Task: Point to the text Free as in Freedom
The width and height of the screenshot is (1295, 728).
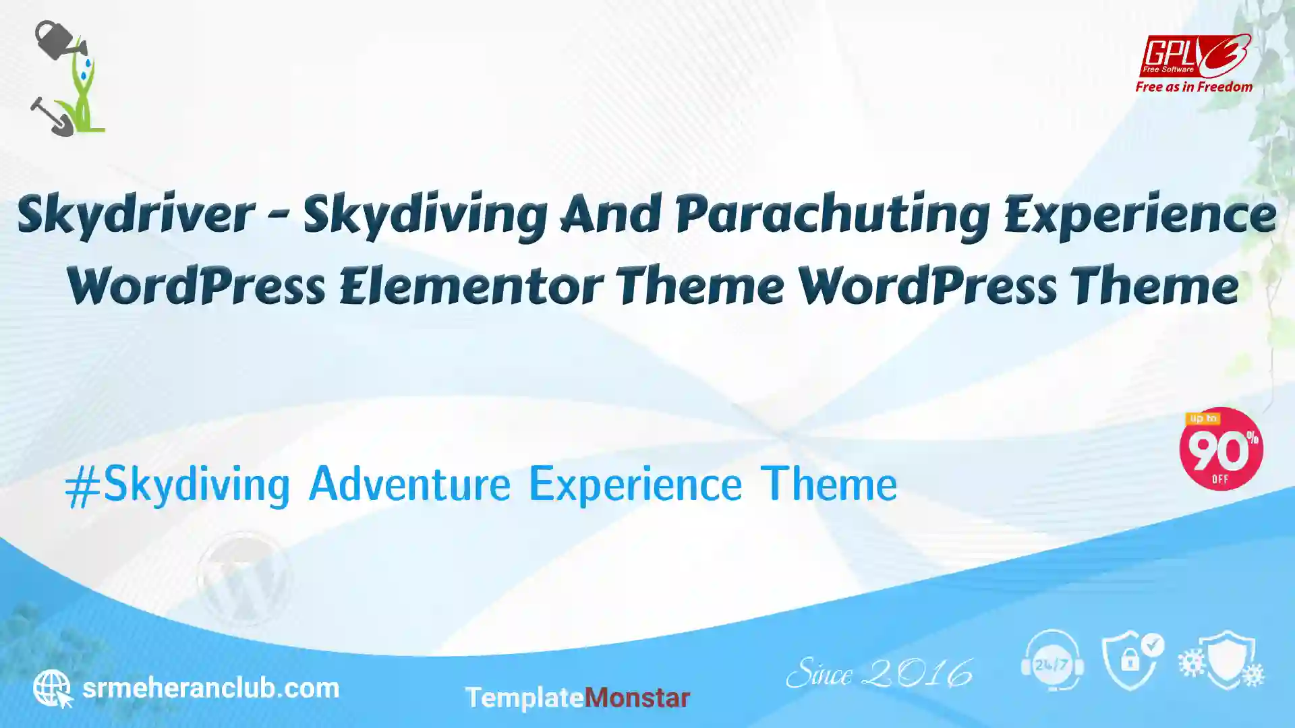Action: click(1194, 87)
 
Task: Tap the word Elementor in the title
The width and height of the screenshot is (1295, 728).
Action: click(471, 286)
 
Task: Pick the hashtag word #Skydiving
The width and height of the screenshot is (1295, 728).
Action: click(177, 485)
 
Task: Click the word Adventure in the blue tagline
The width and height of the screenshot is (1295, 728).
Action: click(409, 483)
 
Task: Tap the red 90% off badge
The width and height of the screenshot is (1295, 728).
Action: click(1221, 449)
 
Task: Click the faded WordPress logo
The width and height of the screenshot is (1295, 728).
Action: click(243, 578)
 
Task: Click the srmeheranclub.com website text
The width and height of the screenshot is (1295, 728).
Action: click(210, 688)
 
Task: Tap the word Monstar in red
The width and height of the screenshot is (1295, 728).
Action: click(637, 698)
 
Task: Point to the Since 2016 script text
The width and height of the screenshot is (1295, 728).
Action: click(880, 673)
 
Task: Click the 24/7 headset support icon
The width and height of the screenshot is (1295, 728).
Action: click(1052, 661)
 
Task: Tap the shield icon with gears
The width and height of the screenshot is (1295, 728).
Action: click(1221, 660)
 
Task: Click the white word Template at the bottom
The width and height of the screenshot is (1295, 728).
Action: click(524, 698)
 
